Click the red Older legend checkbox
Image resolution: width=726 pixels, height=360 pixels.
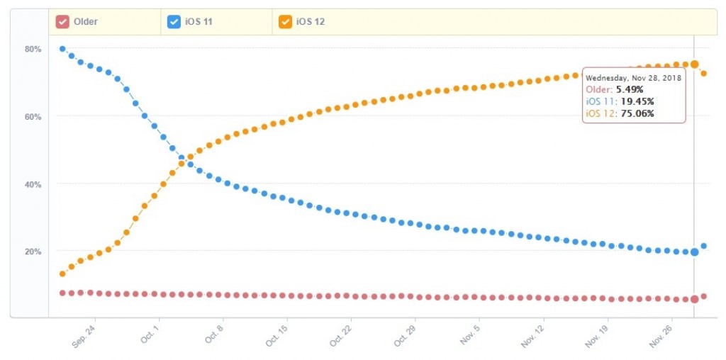point(63,22)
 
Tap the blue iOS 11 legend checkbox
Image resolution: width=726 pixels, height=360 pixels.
point(174,22)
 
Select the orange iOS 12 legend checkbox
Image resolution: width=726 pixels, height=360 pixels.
point(284,22)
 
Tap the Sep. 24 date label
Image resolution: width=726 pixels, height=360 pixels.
point(84,335)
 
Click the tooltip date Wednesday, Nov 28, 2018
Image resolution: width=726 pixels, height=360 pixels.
point(633,78)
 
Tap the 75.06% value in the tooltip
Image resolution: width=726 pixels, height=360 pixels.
point(637,113)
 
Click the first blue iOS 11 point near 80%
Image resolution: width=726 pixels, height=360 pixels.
point(62,49)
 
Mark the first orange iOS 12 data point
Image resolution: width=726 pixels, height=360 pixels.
point(62,274)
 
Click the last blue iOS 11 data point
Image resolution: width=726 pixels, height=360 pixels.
point(704,246)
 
